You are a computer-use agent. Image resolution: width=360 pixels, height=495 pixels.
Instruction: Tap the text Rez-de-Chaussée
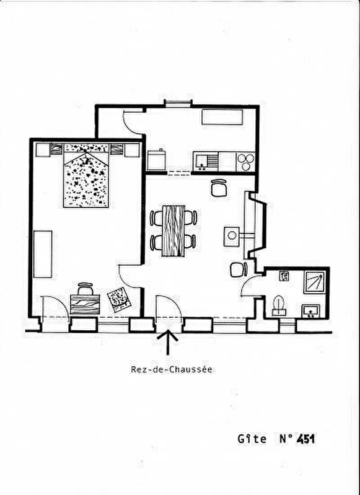[172, 369]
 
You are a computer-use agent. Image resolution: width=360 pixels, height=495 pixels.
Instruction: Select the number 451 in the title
[305, 439]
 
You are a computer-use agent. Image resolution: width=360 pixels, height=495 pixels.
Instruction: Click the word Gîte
[252, 439]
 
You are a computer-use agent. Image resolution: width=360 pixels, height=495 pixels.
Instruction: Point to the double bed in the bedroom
[86, 175]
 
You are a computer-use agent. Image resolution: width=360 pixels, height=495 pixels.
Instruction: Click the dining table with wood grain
[173, 230]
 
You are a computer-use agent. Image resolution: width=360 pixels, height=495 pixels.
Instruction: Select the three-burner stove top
[246, 161]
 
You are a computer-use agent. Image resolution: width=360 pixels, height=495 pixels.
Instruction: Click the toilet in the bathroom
[279, 305]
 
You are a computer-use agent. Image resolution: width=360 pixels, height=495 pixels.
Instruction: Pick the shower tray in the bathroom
[314, 283]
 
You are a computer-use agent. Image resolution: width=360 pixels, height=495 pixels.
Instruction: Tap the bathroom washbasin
[310, 311]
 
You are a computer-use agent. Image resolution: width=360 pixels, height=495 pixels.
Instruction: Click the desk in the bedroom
[85, 304]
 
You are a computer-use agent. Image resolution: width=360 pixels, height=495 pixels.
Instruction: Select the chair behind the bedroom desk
[86, 289]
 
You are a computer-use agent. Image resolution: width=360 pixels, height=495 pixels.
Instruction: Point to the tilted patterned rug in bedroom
[119, 299]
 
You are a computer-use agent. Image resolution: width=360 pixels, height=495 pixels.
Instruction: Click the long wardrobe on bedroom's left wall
[43, 254]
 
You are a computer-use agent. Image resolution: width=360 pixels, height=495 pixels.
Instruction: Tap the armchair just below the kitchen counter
[219, 188]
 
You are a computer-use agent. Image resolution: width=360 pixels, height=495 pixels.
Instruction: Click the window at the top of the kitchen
[178, 103]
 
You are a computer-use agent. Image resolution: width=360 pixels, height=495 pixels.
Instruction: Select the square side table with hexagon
[232, 236]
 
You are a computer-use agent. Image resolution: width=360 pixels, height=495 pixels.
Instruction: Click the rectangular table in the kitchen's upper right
[222, 117]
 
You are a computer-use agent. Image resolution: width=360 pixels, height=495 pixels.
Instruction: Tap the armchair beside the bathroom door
[239, 269]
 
